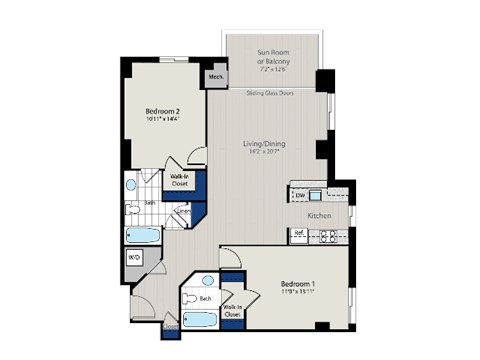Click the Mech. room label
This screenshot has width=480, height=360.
point(216,75)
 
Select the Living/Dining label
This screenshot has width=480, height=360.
point(265,144)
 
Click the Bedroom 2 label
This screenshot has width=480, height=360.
point(163,111)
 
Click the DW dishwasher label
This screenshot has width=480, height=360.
point(299,195)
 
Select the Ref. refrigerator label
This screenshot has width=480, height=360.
point(299,235)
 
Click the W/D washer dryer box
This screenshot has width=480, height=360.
point(134,257)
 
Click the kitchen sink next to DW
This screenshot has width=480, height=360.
point(315,195)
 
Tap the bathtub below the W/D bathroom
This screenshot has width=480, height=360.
point(143,237)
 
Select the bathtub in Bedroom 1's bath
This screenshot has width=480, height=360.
point(201,321)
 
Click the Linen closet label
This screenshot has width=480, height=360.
point(182,212)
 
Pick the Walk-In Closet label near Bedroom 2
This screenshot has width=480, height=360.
point(180,181)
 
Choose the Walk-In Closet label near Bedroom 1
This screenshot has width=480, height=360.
point(232,310)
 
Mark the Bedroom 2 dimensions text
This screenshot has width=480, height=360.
point(163,120)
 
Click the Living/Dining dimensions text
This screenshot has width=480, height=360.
point(265,153)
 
